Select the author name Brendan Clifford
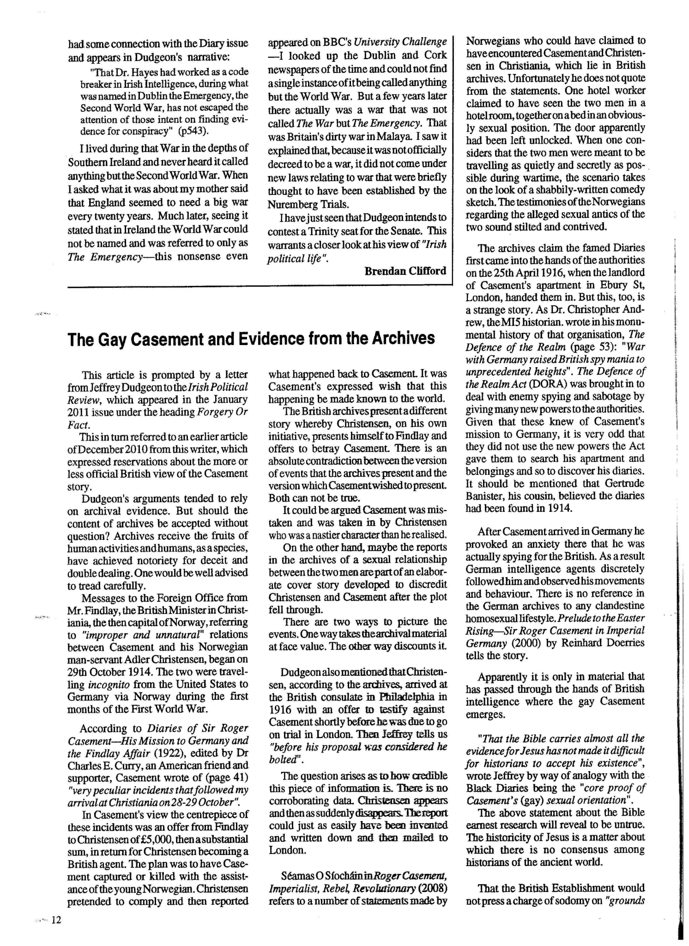tap(405, 271)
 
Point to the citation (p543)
tap(193, 131)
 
